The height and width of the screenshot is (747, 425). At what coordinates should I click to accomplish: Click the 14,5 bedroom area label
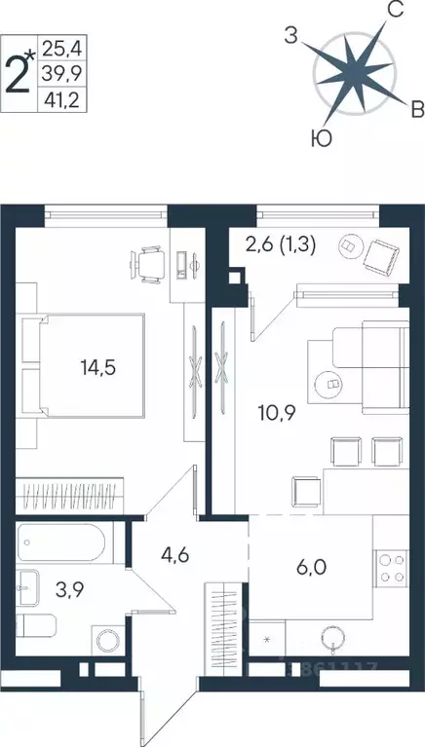point(97,368)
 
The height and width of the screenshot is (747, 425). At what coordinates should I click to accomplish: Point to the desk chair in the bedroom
point(150,262)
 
